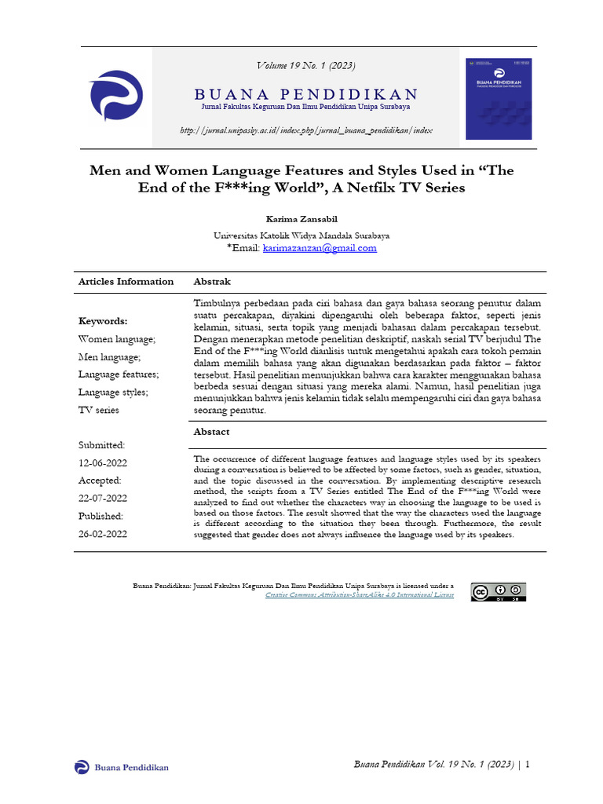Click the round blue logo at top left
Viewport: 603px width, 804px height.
click(116, 97)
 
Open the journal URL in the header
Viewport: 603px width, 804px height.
click(305, 130)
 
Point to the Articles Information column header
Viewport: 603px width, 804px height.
click(126, 281)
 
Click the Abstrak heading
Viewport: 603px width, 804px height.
click(212, 281)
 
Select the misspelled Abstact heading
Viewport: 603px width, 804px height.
click(211, 432)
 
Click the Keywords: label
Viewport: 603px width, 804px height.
click(102, 321)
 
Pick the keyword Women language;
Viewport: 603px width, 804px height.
click(117, 338)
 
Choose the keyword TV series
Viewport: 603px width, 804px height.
click(98, 410)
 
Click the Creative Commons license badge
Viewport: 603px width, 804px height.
click(498, 591)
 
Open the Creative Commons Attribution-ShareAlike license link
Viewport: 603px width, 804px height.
click(360, 595)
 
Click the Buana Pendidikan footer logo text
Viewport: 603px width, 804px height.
click(131, 767)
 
